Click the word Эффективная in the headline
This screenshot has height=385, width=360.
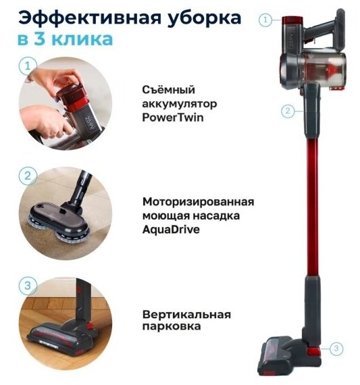click(x=89, y=18)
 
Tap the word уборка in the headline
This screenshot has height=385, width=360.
click(x=204, y=19)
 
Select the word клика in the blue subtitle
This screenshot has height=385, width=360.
click(x=82, y=39)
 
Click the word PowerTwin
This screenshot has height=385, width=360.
click(x=173, y=118)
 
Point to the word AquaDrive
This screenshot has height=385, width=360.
click(x=171, y=230)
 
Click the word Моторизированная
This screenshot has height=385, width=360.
click(x=198, y=202)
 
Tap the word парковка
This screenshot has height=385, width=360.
click(x=172, y=326)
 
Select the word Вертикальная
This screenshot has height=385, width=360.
click(x=186, y=315)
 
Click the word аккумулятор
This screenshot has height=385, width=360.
click(x=180, y=104)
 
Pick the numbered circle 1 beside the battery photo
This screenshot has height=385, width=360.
click(x=28, y=66)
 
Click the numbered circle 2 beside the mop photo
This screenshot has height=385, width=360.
click(x=28, y=176)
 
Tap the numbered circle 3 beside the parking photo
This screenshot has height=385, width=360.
click(x=28, y=286)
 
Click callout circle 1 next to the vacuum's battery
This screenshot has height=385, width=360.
click(x=265, y=20)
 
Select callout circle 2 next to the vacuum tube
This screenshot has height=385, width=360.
click(x=288, y=111)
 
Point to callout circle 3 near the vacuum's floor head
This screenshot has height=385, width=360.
click(x=336, y=348)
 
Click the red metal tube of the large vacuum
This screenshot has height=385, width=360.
click(x=312, y=206)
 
